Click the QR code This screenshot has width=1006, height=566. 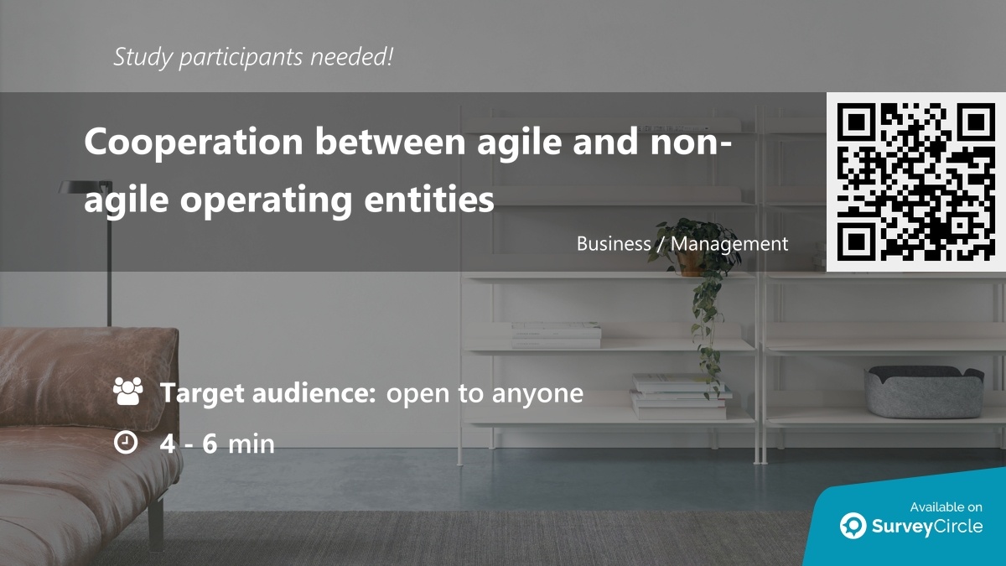click(x=916, y=182)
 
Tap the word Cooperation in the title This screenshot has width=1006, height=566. click(x=194, y=143)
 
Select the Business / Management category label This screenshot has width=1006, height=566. click(x=682, y=244)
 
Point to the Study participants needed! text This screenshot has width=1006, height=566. click(x=253, y=57)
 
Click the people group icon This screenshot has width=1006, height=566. click(x=127, y=392)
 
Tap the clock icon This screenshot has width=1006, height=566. click(x=126, y=443)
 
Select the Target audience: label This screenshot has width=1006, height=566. click(x=267, y=392)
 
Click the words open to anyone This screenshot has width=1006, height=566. click(x=485, y=392)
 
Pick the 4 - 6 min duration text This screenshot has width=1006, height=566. click(x=217, y=444)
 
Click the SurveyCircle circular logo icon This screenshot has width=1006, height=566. click(x=853, y=526)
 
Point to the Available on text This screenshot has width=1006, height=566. click(x=946, y=507)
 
